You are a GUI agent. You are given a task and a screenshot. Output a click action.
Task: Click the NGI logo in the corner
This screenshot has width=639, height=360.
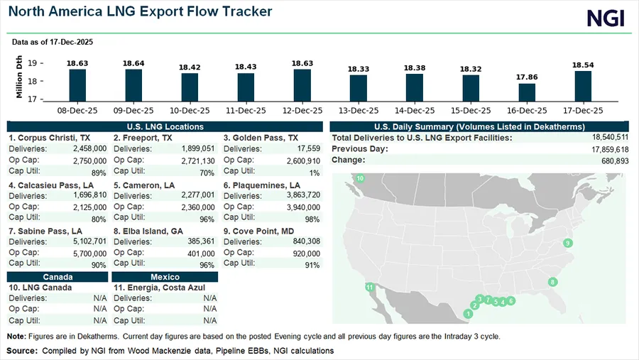point(606,18)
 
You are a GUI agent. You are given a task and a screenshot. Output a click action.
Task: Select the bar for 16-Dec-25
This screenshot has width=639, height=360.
point(527,93)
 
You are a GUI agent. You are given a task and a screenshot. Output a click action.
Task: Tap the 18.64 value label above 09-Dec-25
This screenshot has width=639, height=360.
point(133,63)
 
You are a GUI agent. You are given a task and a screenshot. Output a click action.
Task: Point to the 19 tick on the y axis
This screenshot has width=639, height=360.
point(33,63)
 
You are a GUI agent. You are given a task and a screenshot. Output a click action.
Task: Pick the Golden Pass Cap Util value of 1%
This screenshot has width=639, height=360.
point(314,171)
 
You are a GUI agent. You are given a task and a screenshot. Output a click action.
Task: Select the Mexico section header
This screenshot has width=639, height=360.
point(165,277)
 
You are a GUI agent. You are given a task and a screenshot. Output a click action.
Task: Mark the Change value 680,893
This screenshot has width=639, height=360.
point(609,160)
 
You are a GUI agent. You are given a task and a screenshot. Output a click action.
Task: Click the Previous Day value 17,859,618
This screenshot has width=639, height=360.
point(604,149)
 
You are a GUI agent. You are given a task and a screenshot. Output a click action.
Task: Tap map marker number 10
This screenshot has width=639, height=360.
point(360,178)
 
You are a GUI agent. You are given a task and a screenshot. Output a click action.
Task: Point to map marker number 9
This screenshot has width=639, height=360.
point(567,244)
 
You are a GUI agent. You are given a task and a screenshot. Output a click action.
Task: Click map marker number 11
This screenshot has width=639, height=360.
point(369,287)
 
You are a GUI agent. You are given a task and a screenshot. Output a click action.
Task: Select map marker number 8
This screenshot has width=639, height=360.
point(552,282)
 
